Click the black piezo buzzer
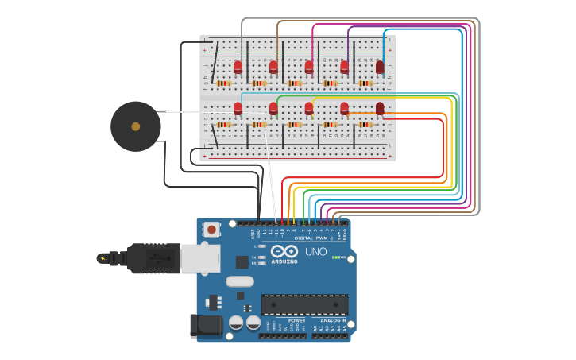[135, 126]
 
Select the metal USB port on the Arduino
[200, 258]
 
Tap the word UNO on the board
[315, 252]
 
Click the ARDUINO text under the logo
[284, 261]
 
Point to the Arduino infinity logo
[284, 250]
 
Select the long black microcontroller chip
[304, 304]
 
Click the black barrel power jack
[204, 326]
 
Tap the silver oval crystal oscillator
[239, 281]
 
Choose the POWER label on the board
[285, 320]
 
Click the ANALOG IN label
[331, 320]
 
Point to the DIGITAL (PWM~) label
[314, 238]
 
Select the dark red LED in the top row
[380, 68]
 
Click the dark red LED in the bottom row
[380, 108]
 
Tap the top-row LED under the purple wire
[345, 68]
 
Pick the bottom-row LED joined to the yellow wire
[309, 108]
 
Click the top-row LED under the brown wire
[273, 68]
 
